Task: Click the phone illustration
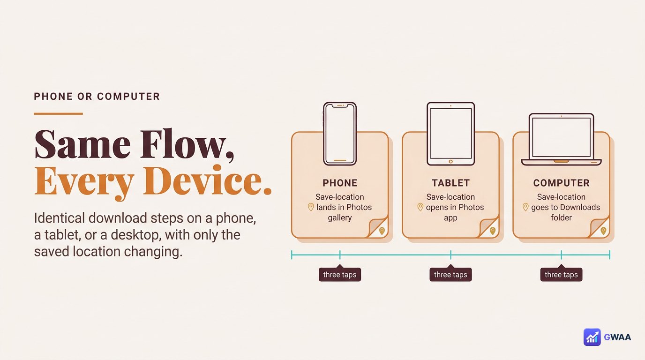tap(340, 134)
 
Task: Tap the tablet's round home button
tap(450, 162)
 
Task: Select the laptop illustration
tap(561, 139)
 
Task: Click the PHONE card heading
tap(340, 183)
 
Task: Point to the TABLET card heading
tap(450, 183)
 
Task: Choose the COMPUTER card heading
tap(561, 183)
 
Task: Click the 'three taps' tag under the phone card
tap(340, 274)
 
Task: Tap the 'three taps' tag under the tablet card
tap(450, 274)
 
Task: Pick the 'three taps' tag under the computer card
tap(561, 274)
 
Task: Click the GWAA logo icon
tap(592, 337)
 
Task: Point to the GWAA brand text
tap(617, 337)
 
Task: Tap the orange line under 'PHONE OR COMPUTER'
tap(58, 114)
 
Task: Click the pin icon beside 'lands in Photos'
tap(311, 207)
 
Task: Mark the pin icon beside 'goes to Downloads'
tap(525, 207)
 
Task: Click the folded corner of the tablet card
tap(489, 228)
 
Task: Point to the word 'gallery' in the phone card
tap(340, 217)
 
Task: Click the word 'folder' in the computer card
tap(561, 217)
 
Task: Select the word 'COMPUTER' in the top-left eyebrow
tap(128, 97)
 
